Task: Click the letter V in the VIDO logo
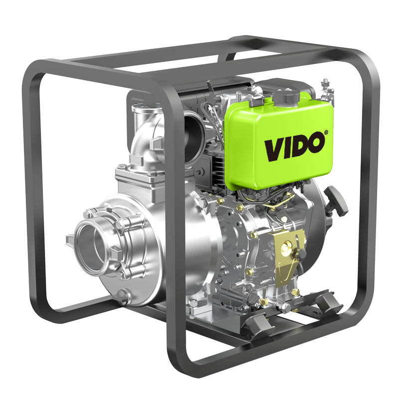point(275,151)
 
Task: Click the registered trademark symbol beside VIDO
point(326,132)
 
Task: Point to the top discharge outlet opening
point(146,108)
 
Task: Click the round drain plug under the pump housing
point(125,297)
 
